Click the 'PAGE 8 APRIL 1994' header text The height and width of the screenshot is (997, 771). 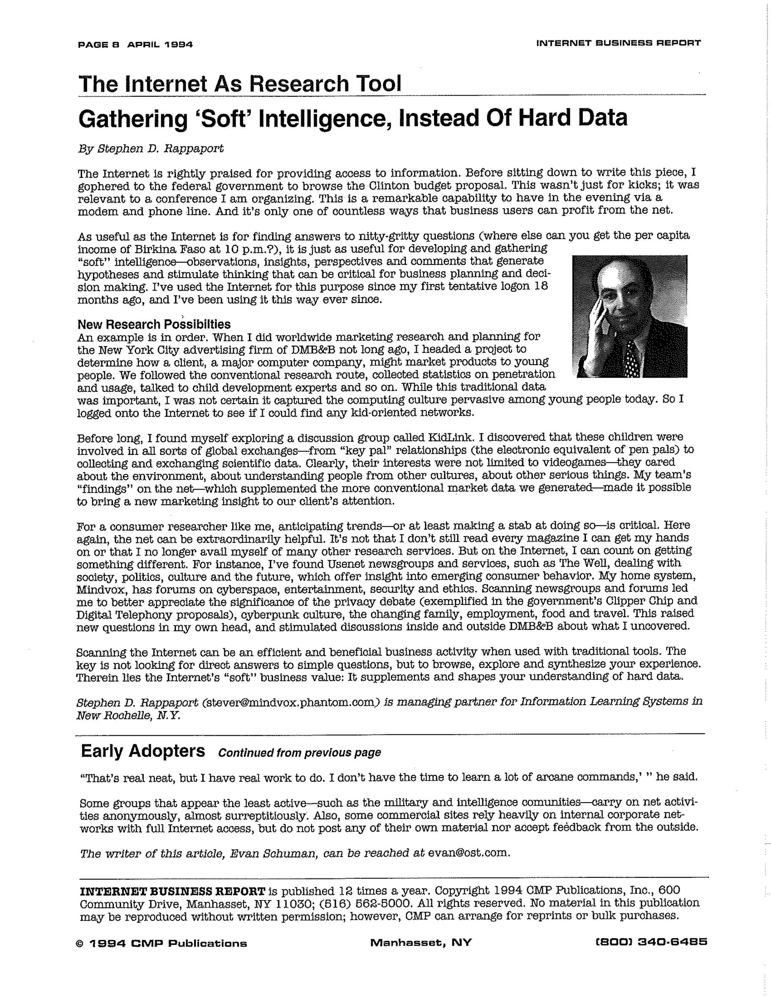click(x=135, y=45)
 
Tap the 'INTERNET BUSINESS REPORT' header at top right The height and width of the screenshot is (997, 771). click(x=619, y=43)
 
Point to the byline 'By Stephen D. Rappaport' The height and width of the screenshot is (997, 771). click(x=151, y=149)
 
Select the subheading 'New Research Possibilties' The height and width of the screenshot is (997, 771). click(x=154, y=325)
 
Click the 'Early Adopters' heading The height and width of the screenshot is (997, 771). click(x=143, y=751)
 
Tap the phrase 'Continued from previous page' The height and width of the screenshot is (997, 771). click(x=299, y=753)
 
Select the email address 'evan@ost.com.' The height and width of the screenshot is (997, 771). click(x=469, y=853)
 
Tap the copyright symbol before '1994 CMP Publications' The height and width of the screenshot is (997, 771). click(x=81, y=943)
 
